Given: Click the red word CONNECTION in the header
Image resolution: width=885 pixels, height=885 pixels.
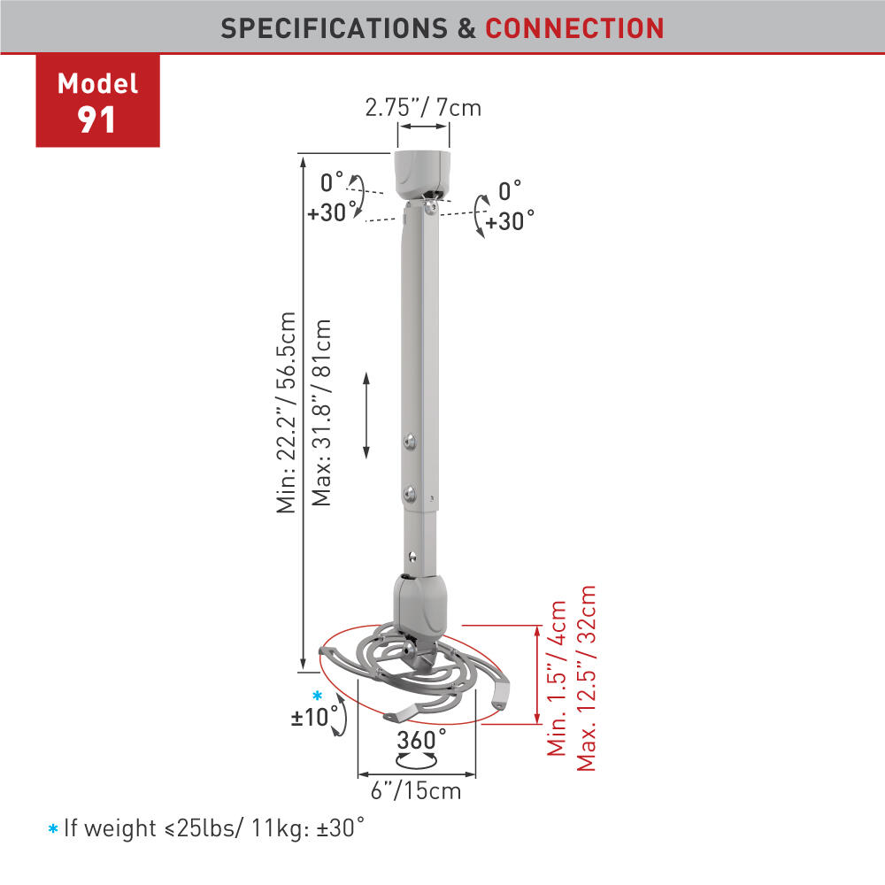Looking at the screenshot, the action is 574,28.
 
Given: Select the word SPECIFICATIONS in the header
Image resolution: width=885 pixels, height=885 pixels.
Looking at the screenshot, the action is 335,28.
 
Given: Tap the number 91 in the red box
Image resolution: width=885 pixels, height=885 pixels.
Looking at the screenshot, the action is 96,120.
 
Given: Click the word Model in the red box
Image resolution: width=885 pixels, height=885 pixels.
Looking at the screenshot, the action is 97,84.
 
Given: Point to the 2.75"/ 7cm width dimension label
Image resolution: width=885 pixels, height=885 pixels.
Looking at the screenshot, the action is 423,107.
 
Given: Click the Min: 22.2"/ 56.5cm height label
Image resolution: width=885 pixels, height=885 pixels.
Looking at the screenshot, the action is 286,412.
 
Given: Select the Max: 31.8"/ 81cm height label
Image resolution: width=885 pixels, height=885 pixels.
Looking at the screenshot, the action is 322,412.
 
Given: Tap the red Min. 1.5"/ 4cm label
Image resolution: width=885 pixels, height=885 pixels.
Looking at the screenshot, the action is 557,678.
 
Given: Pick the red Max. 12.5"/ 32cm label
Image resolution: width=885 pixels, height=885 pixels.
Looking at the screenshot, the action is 586,678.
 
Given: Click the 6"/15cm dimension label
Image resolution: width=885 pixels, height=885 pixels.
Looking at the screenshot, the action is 416,790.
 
